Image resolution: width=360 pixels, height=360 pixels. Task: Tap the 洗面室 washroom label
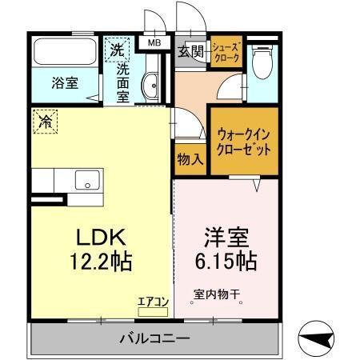pos(123,80)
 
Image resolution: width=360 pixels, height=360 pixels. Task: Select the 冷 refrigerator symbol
pos(45,121)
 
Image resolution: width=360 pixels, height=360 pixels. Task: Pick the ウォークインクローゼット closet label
pos(243,141)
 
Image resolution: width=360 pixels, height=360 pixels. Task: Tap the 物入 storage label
pos(190,158)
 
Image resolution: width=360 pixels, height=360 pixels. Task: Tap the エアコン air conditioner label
pos(152,301)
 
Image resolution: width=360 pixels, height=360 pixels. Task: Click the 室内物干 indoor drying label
pos(217,294)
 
